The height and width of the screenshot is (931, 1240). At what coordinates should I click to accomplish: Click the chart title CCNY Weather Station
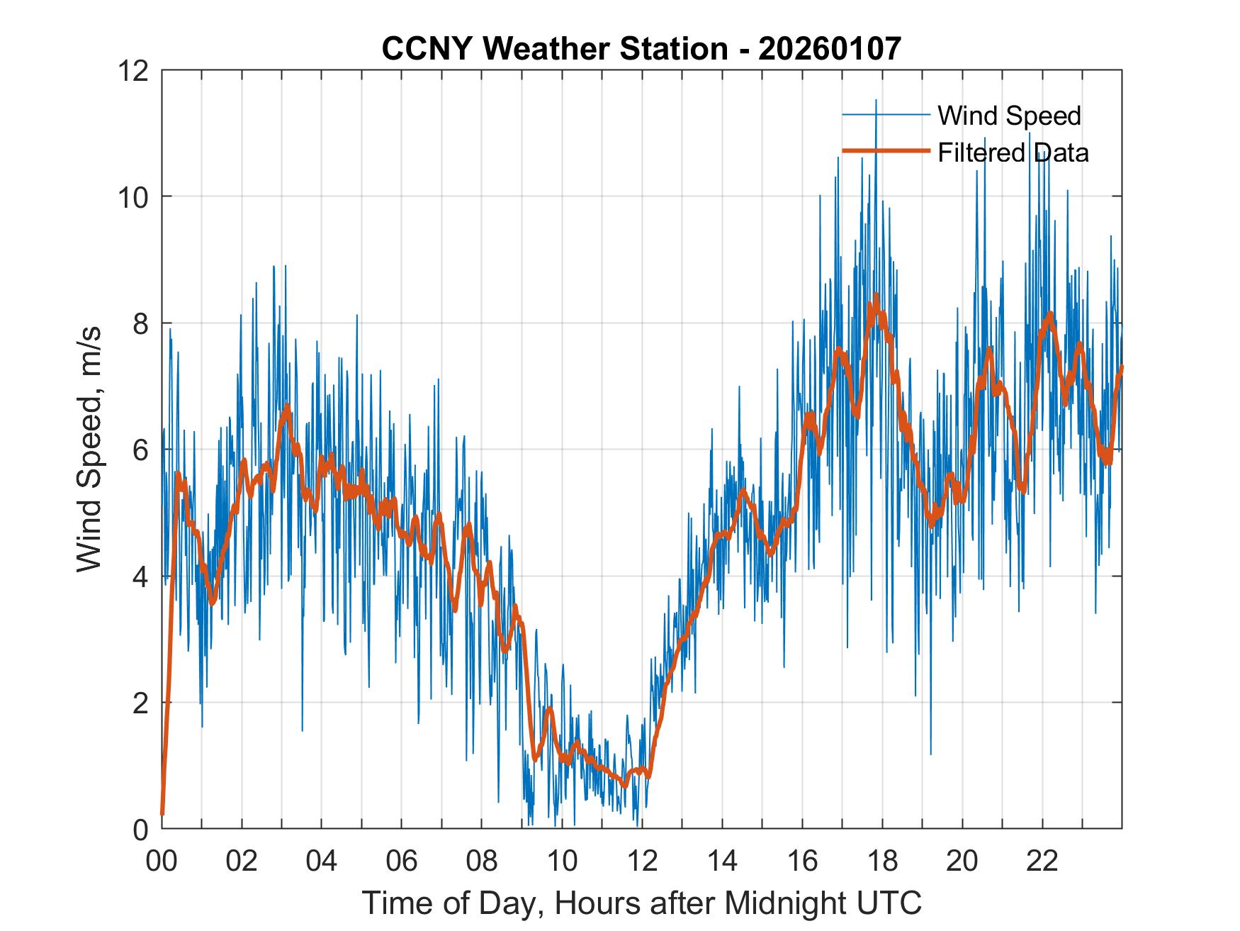554,49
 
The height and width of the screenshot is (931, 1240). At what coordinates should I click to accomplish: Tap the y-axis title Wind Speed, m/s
90,449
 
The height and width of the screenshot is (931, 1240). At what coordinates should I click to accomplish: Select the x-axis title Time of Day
642,903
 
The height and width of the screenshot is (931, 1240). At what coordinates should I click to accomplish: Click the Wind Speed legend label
1009,116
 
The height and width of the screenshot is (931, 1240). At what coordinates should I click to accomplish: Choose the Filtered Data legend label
1013,152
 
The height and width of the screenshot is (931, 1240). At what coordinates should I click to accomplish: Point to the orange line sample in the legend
885,151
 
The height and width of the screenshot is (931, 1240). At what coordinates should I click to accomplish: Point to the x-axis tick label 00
162,861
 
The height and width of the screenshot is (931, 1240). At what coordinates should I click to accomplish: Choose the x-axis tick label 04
322,861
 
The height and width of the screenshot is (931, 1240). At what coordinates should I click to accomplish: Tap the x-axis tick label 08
482,861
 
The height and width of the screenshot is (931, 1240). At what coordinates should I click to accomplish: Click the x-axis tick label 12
642,861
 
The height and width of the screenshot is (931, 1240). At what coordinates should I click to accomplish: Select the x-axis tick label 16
802,861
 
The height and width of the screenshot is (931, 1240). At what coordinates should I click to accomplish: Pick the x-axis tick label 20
962,861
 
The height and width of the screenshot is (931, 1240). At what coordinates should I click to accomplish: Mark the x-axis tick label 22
1042,861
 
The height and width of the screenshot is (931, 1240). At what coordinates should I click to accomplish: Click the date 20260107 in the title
829,49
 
